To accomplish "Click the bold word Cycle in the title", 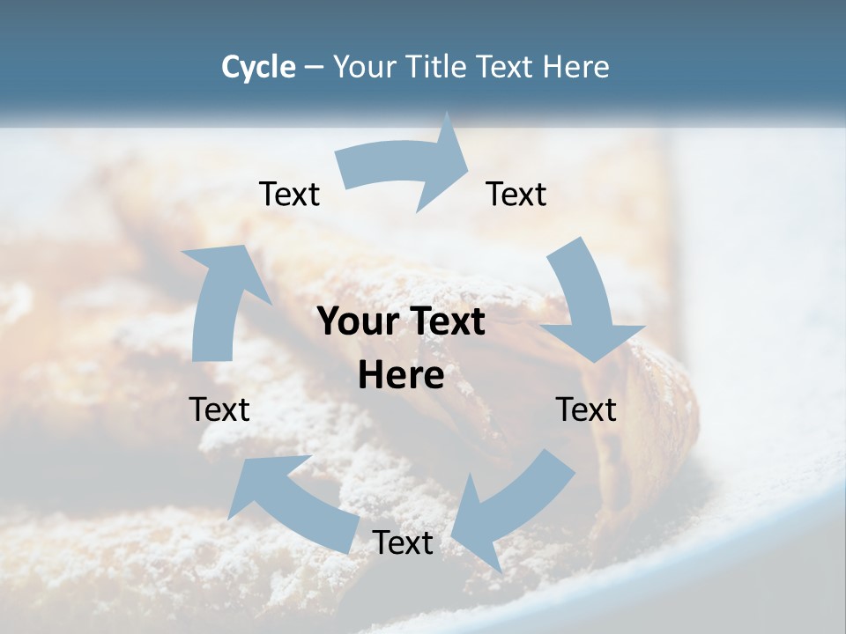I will pos(258,67).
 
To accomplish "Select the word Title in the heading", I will pos(437,67).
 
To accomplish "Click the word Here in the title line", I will pos(576,67).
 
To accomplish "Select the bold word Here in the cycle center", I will pos(401,376).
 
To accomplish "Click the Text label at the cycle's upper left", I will pos(289,195).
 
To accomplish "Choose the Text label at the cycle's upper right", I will pos(516,195).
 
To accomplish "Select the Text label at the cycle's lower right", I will pos(586,409).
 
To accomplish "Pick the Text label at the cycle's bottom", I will pos(403,543).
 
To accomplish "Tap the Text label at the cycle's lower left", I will pos(219,409).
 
